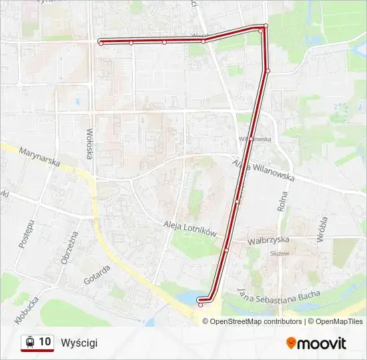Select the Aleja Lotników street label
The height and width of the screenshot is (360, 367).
(x=190, y=228)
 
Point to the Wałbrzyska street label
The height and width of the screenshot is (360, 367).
(x=267, y=240)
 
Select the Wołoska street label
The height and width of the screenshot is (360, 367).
(x=89, y=144)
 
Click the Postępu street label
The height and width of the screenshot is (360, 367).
(x=25, y=233)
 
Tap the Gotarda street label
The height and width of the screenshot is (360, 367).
(x=97, y=273)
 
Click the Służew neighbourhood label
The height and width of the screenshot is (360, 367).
(x=279, y=253)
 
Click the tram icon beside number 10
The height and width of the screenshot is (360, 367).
(x=29, y=342)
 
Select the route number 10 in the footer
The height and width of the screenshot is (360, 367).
(x=45, y=342)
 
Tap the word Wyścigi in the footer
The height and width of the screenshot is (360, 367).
(x=79, y=343)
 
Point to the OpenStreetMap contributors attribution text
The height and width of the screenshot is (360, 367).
(x=256, y=321)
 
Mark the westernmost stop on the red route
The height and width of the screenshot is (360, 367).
(x=101, y=42)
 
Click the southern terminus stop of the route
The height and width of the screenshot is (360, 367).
(x=200, y=305)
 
